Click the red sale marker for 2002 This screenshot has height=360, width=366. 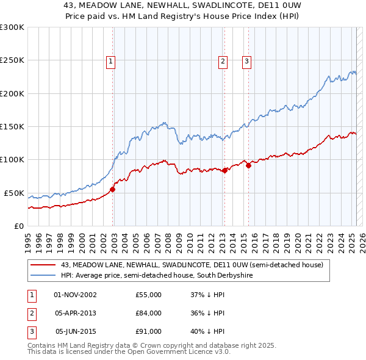tap(113, 189)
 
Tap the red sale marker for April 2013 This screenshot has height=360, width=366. tap(224, 170)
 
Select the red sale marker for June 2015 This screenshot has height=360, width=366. tap(248, 165)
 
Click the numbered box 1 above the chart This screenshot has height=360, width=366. tap(110, 60)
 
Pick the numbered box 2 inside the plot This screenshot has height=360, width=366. tap(223, 60)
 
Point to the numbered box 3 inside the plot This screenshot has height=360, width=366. tap(246, 60)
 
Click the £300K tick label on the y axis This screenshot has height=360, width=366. tap(12, 27)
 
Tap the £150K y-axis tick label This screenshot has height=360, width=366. tap(12, 127)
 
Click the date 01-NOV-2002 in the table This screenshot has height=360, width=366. tap(75, 295)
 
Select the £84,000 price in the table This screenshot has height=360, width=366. tap(148, 314)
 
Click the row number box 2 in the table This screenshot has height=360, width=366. tap(30, 314)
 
